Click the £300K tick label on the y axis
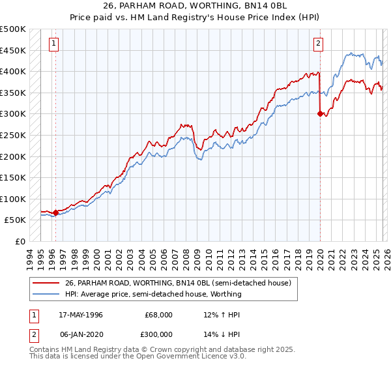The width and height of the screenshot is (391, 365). click(x=13, y=114)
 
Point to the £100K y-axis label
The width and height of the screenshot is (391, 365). click(x=13, y=199)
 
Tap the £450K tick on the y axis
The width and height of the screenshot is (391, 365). click(x=13, y=50)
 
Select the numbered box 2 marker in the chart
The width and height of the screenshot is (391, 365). click(x=319, y=44)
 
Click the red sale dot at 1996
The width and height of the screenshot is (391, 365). click(x=55, y=212)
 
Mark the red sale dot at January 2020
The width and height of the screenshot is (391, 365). click(x=320, y=113)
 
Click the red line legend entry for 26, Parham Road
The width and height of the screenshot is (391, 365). click(x=163, y=282)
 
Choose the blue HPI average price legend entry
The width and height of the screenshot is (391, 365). click(x=153, y=294)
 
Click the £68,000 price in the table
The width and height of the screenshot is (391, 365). click(x=159, y=314)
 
